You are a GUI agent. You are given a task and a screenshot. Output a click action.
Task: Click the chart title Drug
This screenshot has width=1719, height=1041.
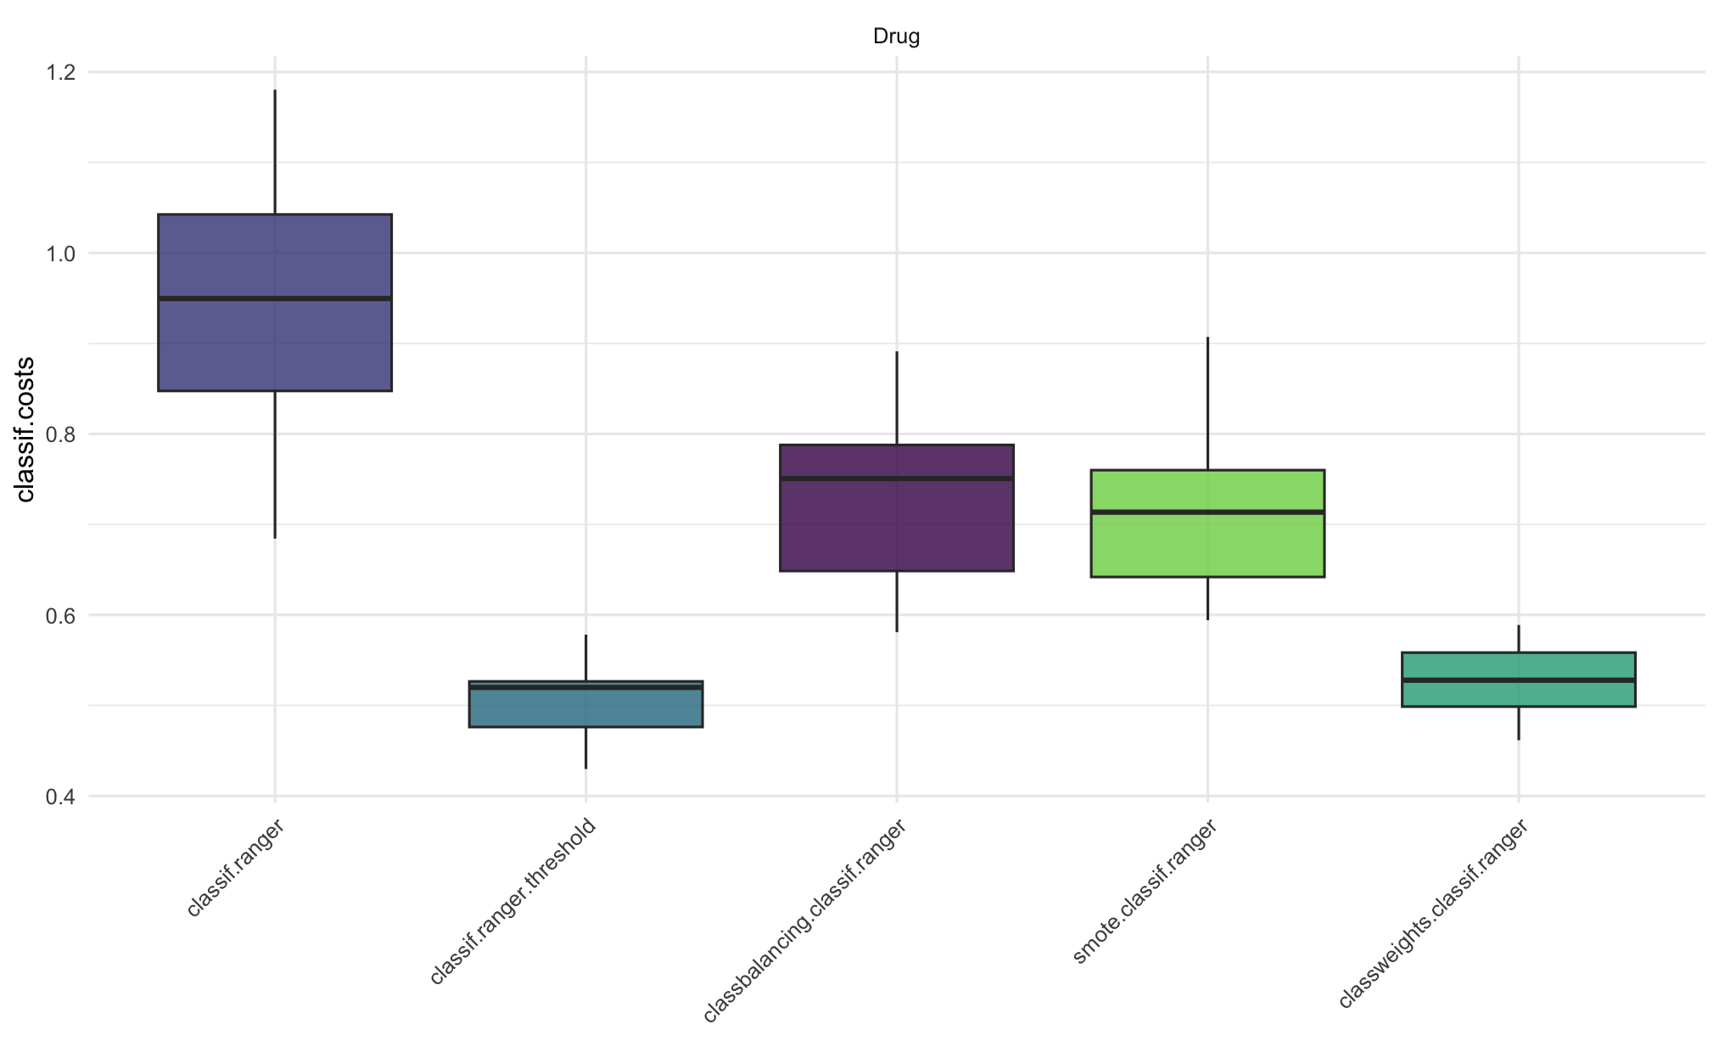point(896,36)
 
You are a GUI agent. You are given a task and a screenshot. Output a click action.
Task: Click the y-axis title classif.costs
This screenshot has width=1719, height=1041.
point(25,429)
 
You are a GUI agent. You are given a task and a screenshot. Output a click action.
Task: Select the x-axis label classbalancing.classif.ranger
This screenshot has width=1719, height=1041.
point(806,921)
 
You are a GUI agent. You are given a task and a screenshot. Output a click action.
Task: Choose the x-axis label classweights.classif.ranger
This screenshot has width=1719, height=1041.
point(1434,914)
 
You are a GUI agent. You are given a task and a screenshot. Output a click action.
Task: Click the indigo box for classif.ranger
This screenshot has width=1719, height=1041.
point(275,255)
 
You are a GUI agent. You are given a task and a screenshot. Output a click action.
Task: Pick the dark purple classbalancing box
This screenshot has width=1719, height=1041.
point(897,526)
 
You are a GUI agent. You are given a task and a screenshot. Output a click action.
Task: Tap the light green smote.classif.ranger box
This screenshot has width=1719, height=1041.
point(1207,547)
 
